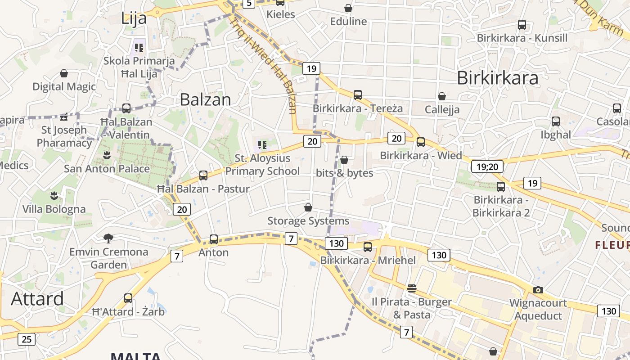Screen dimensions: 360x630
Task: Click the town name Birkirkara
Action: (497, 78)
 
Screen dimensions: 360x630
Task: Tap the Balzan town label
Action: (205, 99)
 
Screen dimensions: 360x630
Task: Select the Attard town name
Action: (37, 299)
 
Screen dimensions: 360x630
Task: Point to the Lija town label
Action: (134, 18)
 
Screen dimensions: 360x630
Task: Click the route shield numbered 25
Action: (27, 339)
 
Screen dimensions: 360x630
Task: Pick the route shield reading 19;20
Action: (487, 167)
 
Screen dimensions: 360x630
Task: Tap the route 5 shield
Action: (249, 3)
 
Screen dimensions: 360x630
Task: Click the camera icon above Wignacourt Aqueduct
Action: (538, 290)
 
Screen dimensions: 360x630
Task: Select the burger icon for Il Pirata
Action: (411, 288)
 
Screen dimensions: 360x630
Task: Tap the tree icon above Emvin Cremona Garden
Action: (108, 238)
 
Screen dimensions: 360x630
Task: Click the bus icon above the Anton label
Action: (214, 239)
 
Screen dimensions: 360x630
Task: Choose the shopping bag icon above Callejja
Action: (442, 96)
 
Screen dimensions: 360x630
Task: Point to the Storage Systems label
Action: (308, 221)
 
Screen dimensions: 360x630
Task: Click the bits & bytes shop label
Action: (344, 173)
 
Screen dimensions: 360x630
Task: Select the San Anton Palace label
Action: (107, 169)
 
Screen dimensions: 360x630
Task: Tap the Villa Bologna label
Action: (54, 209)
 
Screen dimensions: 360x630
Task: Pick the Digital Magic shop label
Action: (64, 87)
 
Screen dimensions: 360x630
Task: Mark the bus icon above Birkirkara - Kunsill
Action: (522, 25)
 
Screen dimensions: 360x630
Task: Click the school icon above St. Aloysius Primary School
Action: (262, 145)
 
